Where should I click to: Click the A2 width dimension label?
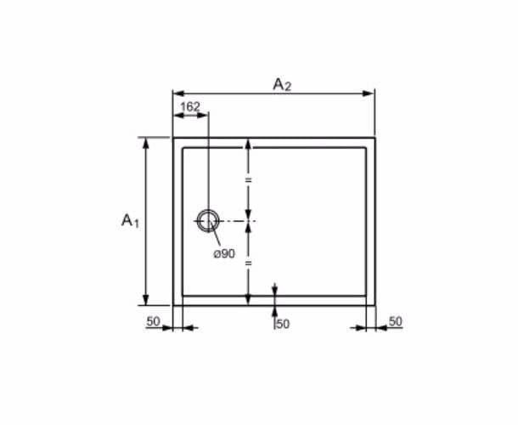(x=282, y=85)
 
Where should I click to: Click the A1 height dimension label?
(x=131, y=221)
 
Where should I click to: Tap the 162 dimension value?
(x=190, y=107)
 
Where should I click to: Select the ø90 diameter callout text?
(x=224, y=253)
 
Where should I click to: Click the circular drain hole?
(x=208, y=210)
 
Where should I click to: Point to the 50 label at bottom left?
(x=153, y=321)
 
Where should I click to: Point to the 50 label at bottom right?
(x=396, y=321)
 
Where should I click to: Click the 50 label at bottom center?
(x=283, y=324)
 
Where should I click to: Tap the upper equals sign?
(x=249, y=180)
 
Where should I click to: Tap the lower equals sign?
(x=249, y=263)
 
